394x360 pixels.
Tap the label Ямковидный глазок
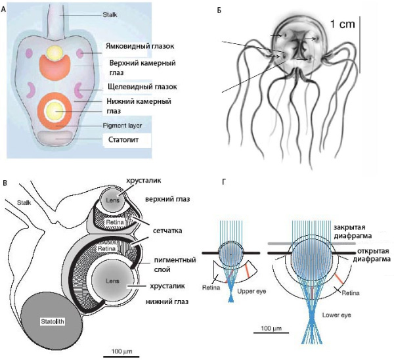[x=141, y=46]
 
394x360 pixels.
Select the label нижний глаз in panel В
[x=165, y=302]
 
